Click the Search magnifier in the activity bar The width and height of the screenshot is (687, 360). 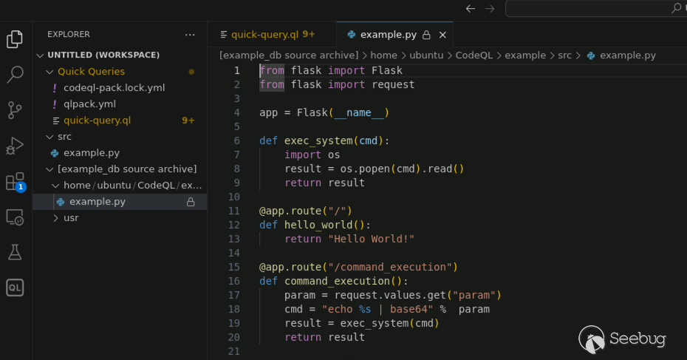15,74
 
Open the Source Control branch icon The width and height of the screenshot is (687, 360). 15,110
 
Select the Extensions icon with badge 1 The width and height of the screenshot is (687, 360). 16,182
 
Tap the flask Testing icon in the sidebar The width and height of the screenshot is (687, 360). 15,252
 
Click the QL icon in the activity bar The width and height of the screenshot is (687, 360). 15,288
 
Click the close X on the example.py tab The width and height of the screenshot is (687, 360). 442,35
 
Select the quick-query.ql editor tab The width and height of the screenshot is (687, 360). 267,35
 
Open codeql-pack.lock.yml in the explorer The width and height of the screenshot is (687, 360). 114,88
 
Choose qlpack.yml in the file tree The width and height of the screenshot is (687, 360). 90,104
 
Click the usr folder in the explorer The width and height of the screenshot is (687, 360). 71,218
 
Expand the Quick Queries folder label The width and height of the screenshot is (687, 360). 91,72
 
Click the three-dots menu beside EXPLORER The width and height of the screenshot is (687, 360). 190,35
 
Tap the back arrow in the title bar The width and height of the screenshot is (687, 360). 471,8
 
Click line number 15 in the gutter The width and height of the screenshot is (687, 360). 234,267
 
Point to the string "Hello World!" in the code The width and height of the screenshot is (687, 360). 372,239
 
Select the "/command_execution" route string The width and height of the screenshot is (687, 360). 390,267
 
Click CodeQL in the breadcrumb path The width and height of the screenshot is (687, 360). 474,55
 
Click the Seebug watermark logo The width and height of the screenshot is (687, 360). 622,339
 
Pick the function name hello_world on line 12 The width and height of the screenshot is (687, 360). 318,225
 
